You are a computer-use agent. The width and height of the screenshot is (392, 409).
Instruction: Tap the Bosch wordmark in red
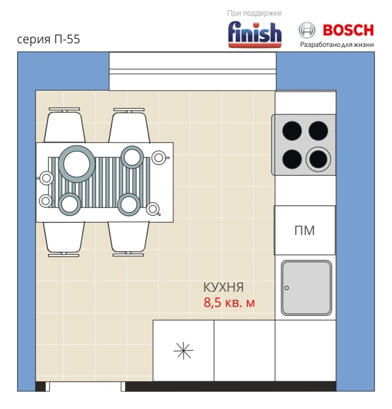click(x=348, y=30)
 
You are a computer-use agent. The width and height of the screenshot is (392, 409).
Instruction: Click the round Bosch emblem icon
click(x=307, y=30)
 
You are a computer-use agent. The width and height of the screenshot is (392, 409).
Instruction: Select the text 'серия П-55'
click(x=49, y=39)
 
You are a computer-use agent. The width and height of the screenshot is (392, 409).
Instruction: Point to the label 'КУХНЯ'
click(x=223, y=287)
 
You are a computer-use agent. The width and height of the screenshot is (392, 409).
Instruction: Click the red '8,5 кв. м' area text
click(x=229, y=303)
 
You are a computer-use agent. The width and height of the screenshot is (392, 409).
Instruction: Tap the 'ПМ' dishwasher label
click(x=305, y=230)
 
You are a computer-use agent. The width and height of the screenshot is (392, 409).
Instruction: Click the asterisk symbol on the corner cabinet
click(x=184, y=351)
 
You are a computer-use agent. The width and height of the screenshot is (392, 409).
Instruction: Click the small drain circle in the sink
click(x=287, y=288)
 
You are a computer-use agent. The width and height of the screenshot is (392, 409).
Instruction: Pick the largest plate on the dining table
click(x=76, y=164)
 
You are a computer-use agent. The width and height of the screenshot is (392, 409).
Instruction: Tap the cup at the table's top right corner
click(x=159, y=158)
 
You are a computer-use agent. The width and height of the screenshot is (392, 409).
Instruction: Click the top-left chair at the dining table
click(x=64, y=125)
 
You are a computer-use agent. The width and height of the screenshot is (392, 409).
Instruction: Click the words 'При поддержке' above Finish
click(x=254, y=13)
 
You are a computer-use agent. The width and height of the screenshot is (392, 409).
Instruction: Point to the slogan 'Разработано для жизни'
click(x=337, y=45)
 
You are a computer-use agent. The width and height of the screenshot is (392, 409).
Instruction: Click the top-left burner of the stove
click(x=292, y=130)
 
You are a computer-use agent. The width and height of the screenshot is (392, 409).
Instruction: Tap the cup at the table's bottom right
click(x=153, y=209)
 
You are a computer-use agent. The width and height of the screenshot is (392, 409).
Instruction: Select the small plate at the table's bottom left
click(x=69, y=204)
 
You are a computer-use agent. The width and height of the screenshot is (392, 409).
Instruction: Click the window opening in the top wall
click(x=193, y=71)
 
